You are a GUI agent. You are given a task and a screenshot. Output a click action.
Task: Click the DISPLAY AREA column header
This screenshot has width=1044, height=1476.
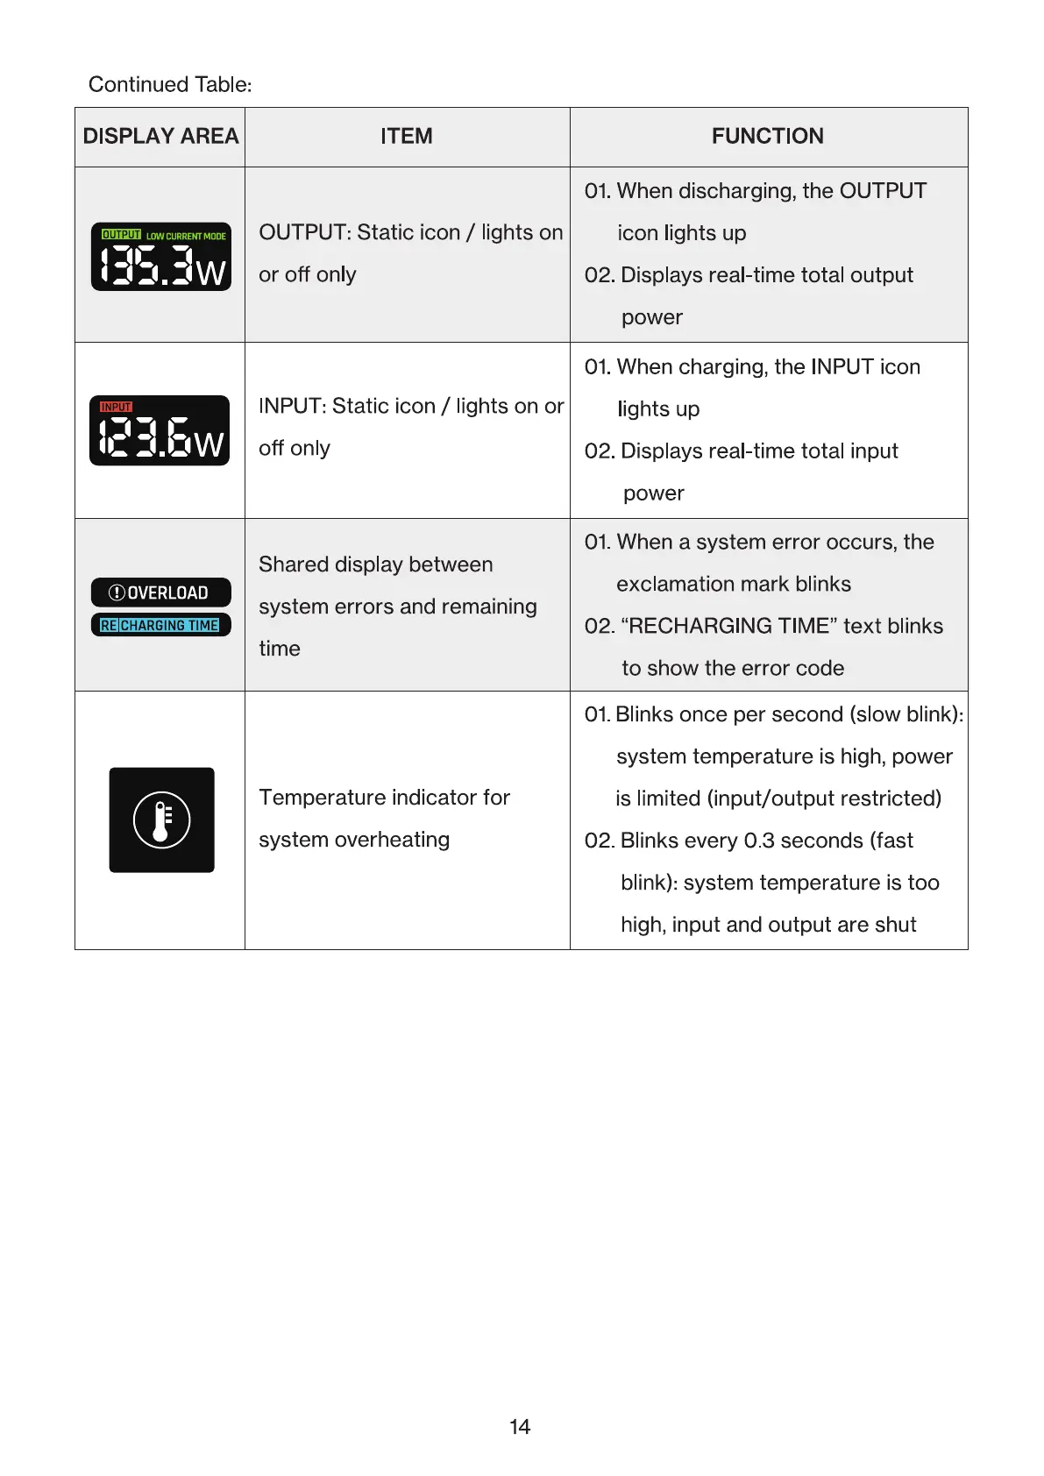(x=160, y=137)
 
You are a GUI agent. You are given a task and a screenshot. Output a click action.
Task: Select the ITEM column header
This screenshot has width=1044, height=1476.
(x=407, y=137)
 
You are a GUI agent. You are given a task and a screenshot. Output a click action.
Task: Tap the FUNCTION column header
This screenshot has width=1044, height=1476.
(x=767, y=137)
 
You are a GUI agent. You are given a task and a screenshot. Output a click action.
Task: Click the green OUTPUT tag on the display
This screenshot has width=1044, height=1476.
(x=121, y=235)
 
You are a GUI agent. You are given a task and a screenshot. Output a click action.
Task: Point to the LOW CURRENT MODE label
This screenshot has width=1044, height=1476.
(x=186, y=236)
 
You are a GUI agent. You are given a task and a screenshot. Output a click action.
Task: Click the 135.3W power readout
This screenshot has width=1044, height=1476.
(x=162, y=266)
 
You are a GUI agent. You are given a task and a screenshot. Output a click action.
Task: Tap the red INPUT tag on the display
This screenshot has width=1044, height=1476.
(x=116, y=407)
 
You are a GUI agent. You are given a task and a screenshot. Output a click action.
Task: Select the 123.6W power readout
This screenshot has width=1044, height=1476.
(x=160, y=437)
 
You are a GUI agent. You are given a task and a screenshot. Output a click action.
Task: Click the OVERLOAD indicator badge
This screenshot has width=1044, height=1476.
(x=160, y=593)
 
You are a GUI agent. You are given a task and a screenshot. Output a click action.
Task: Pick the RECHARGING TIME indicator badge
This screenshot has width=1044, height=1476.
(x=160, y=625)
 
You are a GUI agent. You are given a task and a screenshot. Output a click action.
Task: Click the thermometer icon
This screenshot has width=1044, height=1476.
(x=161, y=820)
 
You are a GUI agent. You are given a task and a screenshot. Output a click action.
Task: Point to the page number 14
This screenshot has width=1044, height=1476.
(x=520, y=1427)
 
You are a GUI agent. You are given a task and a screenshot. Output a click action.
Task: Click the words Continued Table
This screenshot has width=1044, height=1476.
(x=170, y=85)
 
